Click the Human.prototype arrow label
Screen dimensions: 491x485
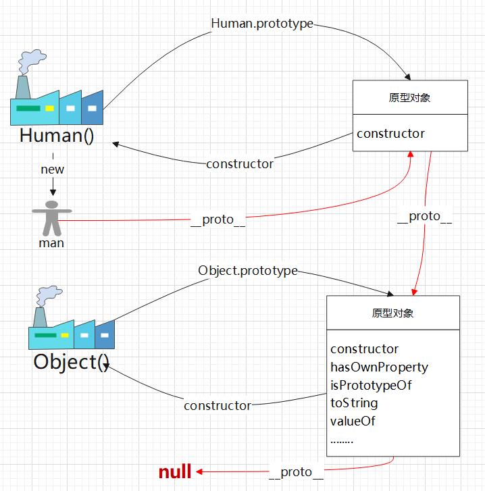point(262,24)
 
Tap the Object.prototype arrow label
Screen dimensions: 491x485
point(248,271)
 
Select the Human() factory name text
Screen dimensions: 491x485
point(56,136)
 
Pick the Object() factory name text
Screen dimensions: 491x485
point(71,362)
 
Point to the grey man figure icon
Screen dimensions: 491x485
point(51,215)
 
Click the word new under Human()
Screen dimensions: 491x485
point(53,170)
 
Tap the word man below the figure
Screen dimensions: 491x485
point(51,242)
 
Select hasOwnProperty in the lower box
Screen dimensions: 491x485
point(379,367)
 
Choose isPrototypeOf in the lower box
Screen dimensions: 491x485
point(371,386)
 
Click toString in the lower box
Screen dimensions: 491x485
point(354,403)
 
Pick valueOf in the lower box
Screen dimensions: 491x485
point(353,421)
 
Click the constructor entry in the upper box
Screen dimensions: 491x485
point(390,134)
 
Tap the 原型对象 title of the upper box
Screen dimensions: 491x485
point(410,98)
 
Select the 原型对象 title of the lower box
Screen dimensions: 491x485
point(392,313)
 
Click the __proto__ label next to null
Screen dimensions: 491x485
point(296,472)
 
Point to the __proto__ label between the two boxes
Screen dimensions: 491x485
point(424,217)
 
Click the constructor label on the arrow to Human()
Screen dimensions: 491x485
point(240,164)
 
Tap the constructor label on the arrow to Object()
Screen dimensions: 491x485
point(218,406)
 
